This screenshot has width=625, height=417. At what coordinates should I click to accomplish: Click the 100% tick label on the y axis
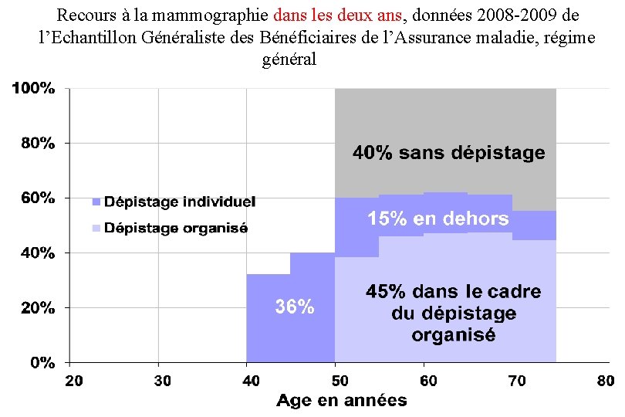click(32, 89)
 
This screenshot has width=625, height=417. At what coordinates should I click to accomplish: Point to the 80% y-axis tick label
click(35, 144)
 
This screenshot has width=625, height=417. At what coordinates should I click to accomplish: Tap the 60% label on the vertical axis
click(35, 198)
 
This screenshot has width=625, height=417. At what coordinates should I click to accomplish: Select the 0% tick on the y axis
click(42, 362)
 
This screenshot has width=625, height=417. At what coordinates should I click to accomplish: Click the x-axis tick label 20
click(73, 381)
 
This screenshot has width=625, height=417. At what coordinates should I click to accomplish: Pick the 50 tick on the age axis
click(339, 381)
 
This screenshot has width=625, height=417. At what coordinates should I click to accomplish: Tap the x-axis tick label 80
click(605, 381)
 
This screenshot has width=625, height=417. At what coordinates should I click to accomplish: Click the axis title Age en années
click(341, 400)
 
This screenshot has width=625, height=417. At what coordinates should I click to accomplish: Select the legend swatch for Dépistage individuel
click(96, 202)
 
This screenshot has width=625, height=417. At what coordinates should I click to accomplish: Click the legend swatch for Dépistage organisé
click(96, 229)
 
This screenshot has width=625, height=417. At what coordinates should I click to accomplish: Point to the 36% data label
click(295, 307)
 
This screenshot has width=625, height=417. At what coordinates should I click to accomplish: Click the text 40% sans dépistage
click(449, 153)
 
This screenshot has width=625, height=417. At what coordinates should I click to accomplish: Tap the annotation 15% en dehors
click(437, 219)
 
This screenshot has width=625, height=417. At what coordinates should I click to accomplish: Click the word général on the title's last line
click(289, 59)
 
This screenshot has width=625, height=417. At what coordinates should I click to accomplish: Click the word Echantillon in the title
click(90, 37)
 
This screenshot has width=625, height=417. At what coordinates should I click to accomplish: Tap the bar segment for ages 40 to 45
click(268, 318)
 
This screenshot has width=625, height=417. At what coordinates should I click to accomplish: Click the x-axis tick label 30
click(162, 381)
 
